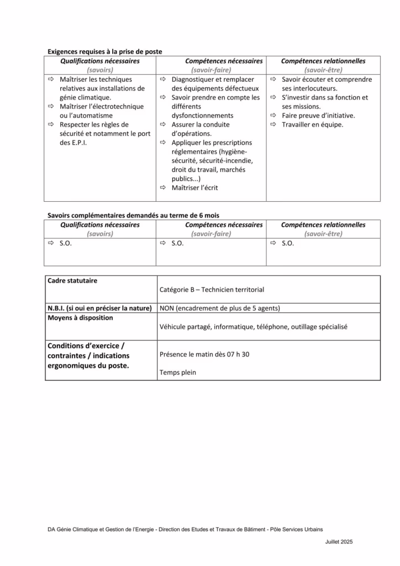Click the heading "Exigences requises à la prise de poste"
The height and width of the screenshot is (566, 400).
tap(105, 51)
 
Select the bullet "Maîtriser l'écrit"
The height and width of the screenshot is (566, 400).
tap(194, 188)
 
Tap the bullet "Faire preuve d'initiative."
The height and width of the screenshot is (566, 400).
tap(318, 116)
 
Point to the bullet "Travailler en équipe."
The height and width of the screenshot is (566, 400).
tap(312, 125)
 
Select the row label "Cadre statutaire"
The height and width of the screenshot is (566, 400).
tap(72, 281)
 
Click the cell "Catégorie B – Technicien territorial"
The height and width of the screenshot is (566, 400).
tap(212, 290)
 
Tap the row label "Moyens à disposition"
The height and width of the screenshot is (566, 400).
tap(80, 318)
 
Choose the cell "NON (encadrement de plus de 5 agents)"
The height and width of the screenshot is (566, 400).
tap(219, 308)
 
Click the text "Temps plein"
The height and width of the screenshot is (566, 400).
tap(177, 373)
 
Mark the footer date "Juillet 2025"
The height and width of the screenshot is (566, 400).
tap(339, 542)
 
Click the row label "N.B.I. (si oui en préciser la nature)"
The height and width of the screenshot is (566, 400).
tap(99, 308)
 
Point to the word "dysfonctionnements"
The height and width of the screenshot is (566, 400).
tap(202, 116)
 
